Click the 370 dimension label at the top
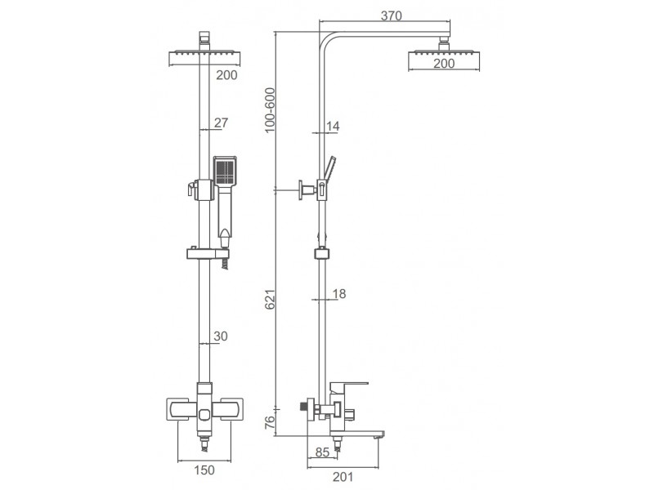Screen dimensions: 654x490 392,16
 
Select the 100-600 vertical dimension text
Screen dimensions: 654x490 271,110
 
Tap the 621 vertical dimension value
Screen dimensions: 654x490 271,299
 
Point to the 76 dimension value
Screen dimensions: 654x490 271,422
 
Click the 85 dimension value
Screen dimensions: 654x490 322,452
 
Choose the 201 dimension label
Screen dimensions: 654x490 343,477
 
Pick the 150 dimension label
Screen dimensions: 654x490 204,470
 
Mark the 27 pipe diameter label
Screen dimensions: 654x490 221,122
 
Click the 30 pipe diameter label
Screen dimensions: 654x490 221,336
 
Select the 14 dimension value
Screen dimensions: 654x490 333,126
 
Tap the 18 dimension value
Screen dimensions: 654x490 339,294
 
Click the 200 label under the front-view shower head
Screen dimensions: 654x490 226,75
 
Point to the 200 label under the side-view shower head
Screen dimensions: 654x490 444,64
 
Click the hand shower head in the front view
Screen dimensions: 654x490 226,171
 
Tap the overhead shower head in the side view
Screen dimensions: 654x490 444,55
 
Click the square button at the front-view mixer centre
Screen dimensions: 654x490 205,415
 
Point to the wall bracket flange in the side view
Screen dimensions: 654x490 301,190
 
